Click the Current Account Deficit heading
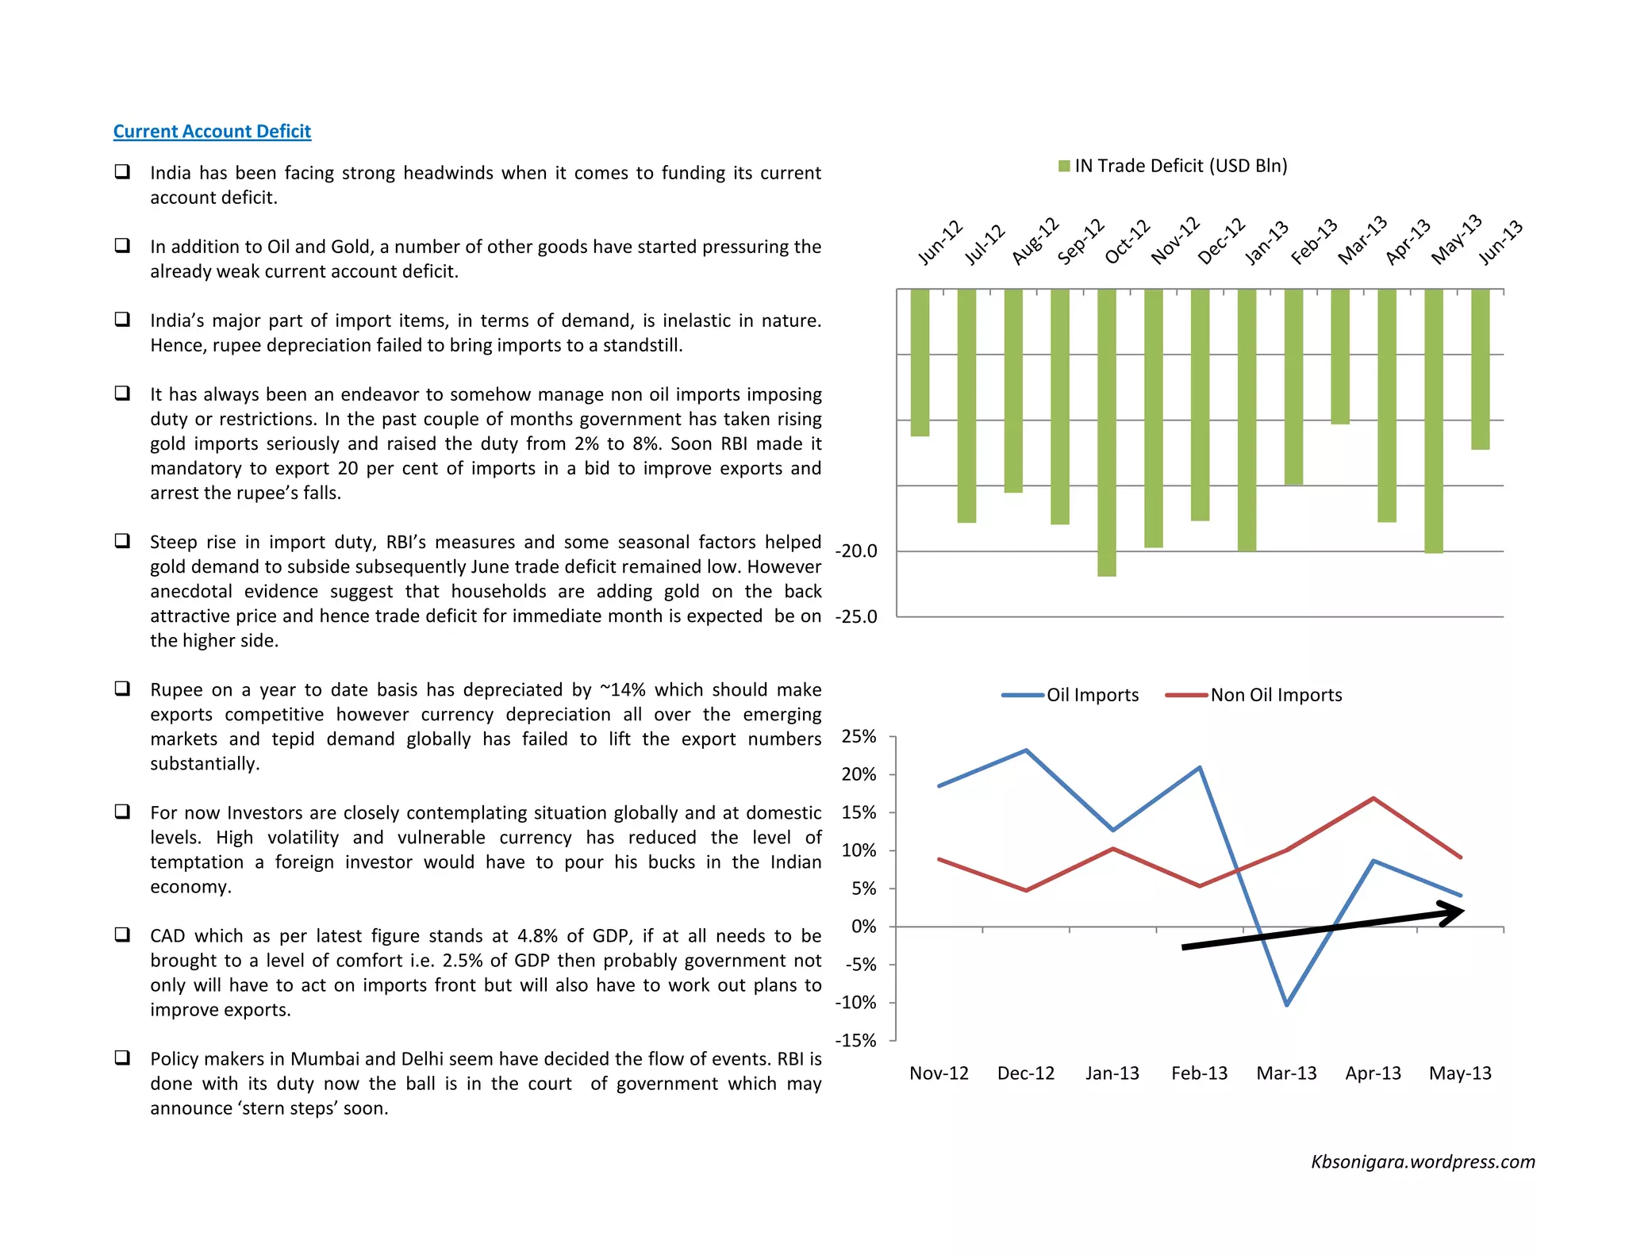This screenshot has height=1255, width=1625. tap(212, 131)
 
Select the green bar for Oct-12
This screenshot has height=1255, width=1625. tap(1106, 432)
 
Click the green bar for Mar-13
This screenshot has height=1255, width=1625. tap(1340, 356)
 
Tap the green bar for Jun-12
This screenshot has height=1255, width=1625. tap(920, 363)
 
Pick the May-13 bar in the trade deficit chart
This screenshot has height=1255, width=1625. tap(1433, 420)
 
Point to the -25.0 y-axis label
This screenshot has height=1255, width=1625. tap(856, 617)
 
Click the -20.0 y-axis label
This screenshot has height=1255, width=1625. tap(856, 551)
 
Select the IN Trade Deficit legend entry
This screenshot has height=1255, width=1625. tap(1172, 166)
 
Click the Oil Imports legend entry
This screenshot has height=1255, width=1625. tap(1070, 695)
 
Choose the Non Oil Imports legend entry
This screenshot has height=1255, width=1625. tap(1254, 695)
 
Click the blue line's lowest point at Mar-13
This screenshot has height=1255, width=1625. tap(1286, 1004)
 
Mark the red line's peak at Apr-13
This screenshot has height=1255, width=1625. tap(1373, 798)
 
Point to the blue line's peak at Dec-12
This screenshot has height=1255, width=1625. tap(1026, 750)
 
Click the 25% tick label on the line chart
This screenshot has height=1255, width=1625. tap(859, 737)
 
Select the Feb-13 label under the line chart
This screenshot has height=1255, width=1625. tap(1199, 1073)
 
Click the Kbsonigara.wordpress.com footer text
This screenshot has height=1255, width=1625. tap(1423, 1162)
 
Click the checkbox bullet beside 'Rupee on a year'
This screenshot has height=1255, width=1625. tap(122, 688)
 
